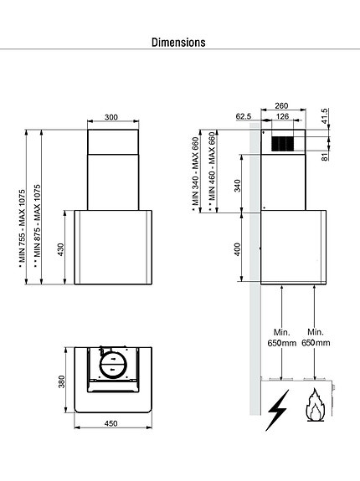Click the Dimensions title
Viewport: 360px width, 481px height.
point(179,41)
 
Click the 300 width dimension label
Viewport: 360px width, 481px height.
point(111,118)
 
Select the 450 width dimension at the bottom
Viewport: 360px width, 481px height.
point(111,422)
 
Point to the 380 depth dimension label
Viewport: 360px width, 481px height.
point(61,381)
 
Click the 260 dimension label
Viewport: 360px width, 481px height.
point(280,105)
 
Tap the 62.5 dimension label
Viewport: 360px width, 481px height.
point(244,116)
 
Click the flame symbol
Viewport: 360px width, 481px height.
point(315,407)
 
